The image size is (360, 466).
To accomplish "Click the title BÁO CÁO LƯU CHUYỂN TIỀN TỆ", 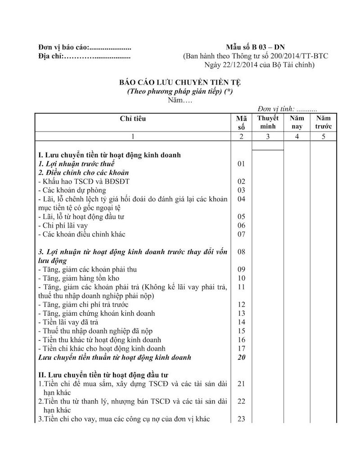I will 180,82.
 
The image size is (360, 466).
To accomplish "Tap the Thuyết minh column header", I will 268,122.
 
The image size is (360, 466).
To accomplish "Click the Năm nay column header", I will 297,122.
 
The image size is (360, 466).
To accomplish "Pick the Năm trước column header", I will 323,122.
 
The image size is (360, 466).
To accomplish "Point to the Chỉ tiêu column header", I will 133,119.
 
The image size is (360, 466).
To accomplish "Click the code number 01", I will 241,164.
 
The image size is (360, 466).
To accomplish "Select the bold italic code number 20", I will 241,358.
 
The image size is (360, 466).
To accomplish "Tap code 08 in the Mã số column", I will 241,252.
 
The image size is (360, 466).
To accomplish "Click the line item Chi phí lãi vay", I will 65,225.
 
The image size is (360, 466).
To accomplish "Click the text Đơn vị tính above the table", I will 275,109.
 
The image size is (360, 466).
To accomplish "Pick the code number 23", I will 241,419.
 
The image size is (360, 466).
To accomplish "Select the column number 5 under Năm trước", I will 323,137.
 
